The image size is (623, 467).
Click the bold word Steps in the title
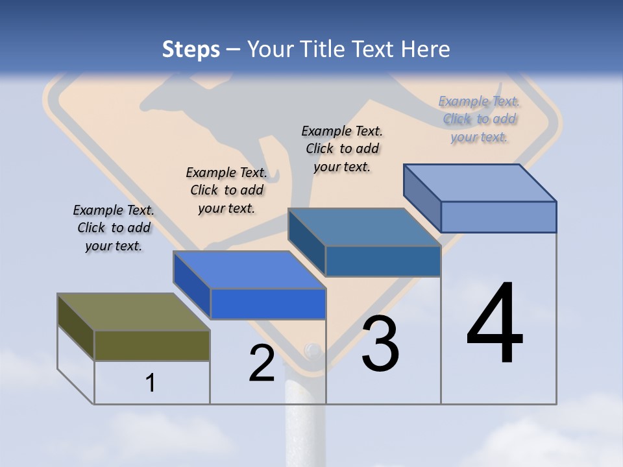[x=191, y=49]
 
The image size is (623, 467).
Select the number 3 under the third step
[x=380, y=344]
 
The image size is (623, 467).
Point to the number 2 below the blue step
[x=262, y=363]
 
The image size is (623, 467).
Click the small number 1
[x=150, y=383]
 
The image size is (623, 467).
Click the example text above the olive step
[x=114, y=228]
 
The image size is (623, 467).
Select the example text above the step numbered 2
[x=226, y=190]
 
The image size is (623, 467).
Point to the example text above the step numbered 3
[x=342, y=149]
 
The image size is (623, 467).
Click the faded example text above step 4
[x=479, y=119]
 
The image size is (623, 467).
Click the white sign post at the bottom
[x=304, y=422]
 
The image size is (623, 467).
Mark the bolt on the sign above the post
[x=312, y=351]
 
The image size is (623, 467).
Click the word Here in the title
[x=427, y=49]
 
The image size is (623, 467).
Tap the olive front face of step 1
[x=152, y=345]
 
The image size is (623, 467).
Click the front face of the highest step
[x=498, y=217]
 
